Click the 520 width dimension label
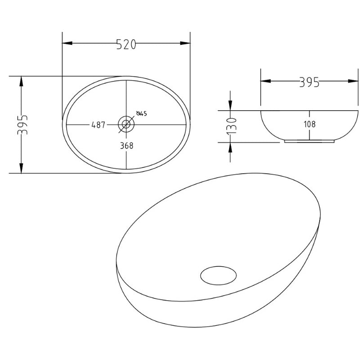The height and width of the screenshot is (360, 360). pos(126,44)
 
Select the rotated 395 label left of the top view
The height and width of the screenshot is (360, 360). pos(23,125)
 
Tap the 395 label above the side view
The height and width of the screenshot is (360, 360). pos(309,82)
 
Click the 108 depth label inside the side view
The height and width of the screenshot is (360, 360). pos(310,124)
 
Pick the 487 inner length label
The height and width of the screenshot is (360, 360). pos(99,125)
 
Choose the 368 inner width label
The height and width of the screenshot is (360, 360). pos(126,145)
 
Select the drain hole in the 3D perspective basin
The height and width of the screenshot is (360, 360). pos(219,274)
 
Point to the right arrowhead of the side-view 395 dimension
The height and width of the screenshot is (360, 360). pos(353,81)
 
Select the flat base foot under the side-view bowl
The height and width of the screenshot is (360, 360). pos(310,141)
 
